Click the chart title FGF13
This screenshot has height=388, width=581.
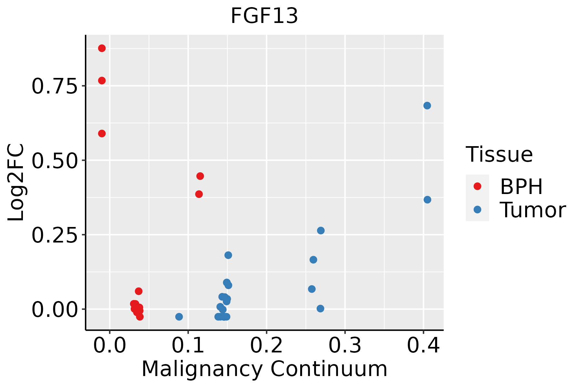coord(264,16)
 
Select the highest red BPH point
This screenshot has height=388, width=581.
coord(102,48)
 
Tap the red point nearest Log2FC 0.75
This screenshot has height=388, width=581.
coord(102,81)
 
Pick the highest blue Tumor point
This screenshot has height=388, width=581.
coord(427,106)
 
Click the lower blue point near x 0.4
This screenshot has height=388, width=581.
coord(427,200)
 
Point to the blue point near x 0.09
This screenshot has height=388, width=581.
coord(179,317)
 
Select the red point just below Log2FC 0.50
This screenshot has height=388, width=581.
coord(200,176)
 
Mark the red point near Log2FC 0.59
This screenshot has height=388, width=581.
coord(102,134)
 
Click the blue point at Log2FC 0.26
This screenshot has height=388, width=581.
coord(321,231)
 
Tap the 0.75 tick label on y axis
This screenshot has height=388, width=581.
coord(55,86)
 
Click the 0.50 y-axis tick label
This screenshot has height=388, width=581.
coord(55,161)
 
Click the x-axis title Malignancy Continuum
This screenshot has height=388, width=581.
coord(264,369)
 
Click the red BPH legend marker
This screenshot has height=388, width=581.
coord(477,186)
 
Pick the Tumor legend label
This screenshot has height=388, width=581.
coord(533,210)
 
